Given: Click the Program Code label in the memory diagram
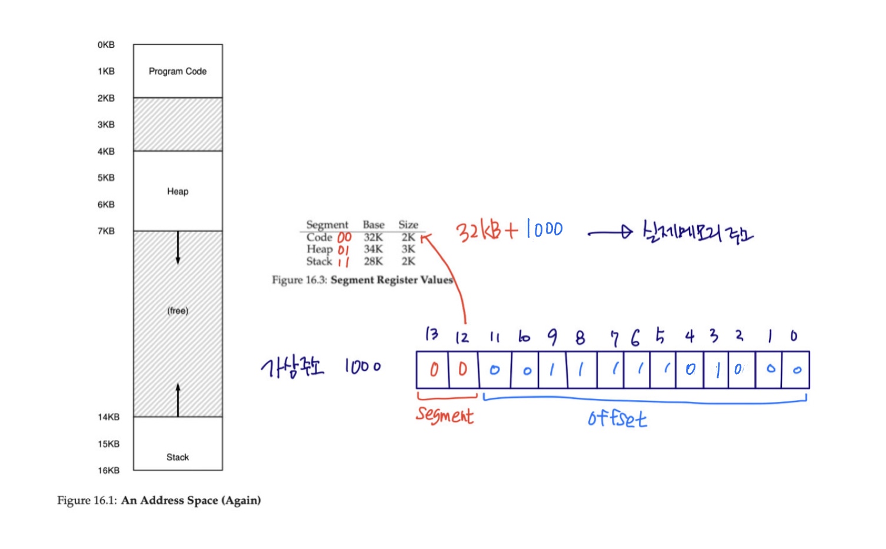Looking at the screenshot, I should pyautogui.click(x=178, y=71).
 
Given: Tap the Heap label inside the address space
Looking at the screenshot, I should pyautogui.click(x=178, y=191).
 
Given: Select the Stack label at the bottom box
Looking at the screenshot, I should pyautogui.click(x=178, y=457).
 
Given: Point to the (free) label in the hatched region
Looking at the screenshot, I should pyautogui.click(x=178, y=311).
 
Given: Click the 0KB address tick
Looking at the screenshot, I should pyautogui.click(x=106, y=45).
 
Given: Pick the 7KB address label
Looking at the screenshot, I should pyautogui.click(x=106, y=231).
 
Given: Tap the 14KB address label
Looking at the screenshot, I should pyautogui.click(x=109, y=417).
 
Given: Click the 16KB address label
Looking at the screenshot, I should pyautogui.click(x=109, y=471).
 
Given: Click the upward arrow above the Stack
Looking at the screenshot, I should pyautogui.click(x=178, y=399).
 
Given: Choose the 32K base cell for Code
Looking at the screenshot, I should pyautogui.click(x=373, y=237).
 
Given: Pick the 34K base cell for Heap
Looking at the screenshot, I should pyautogui.click(x=373, y=249).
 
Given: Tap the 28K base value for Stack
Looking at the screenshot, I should pyautogui.click(x=373, y=261).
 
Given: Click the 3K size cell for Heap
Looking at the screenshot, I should pyautogui.click(x=408, y=249).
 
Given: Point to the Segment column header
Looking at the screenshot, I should pyautogui.click(x=327, y=225).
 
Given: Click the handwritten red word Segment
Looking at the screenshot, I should pyautogui.click(x=445, y=415).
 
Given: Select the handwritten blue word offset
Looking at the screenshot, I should pyautogui.click(x=617, y=418).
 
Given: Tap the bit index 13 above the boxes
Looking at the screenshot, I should pyautogui.click(x=432, y=334).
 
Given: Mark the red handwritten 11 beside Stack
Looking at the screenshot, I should pyautogui.click(x=344, y=262).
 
